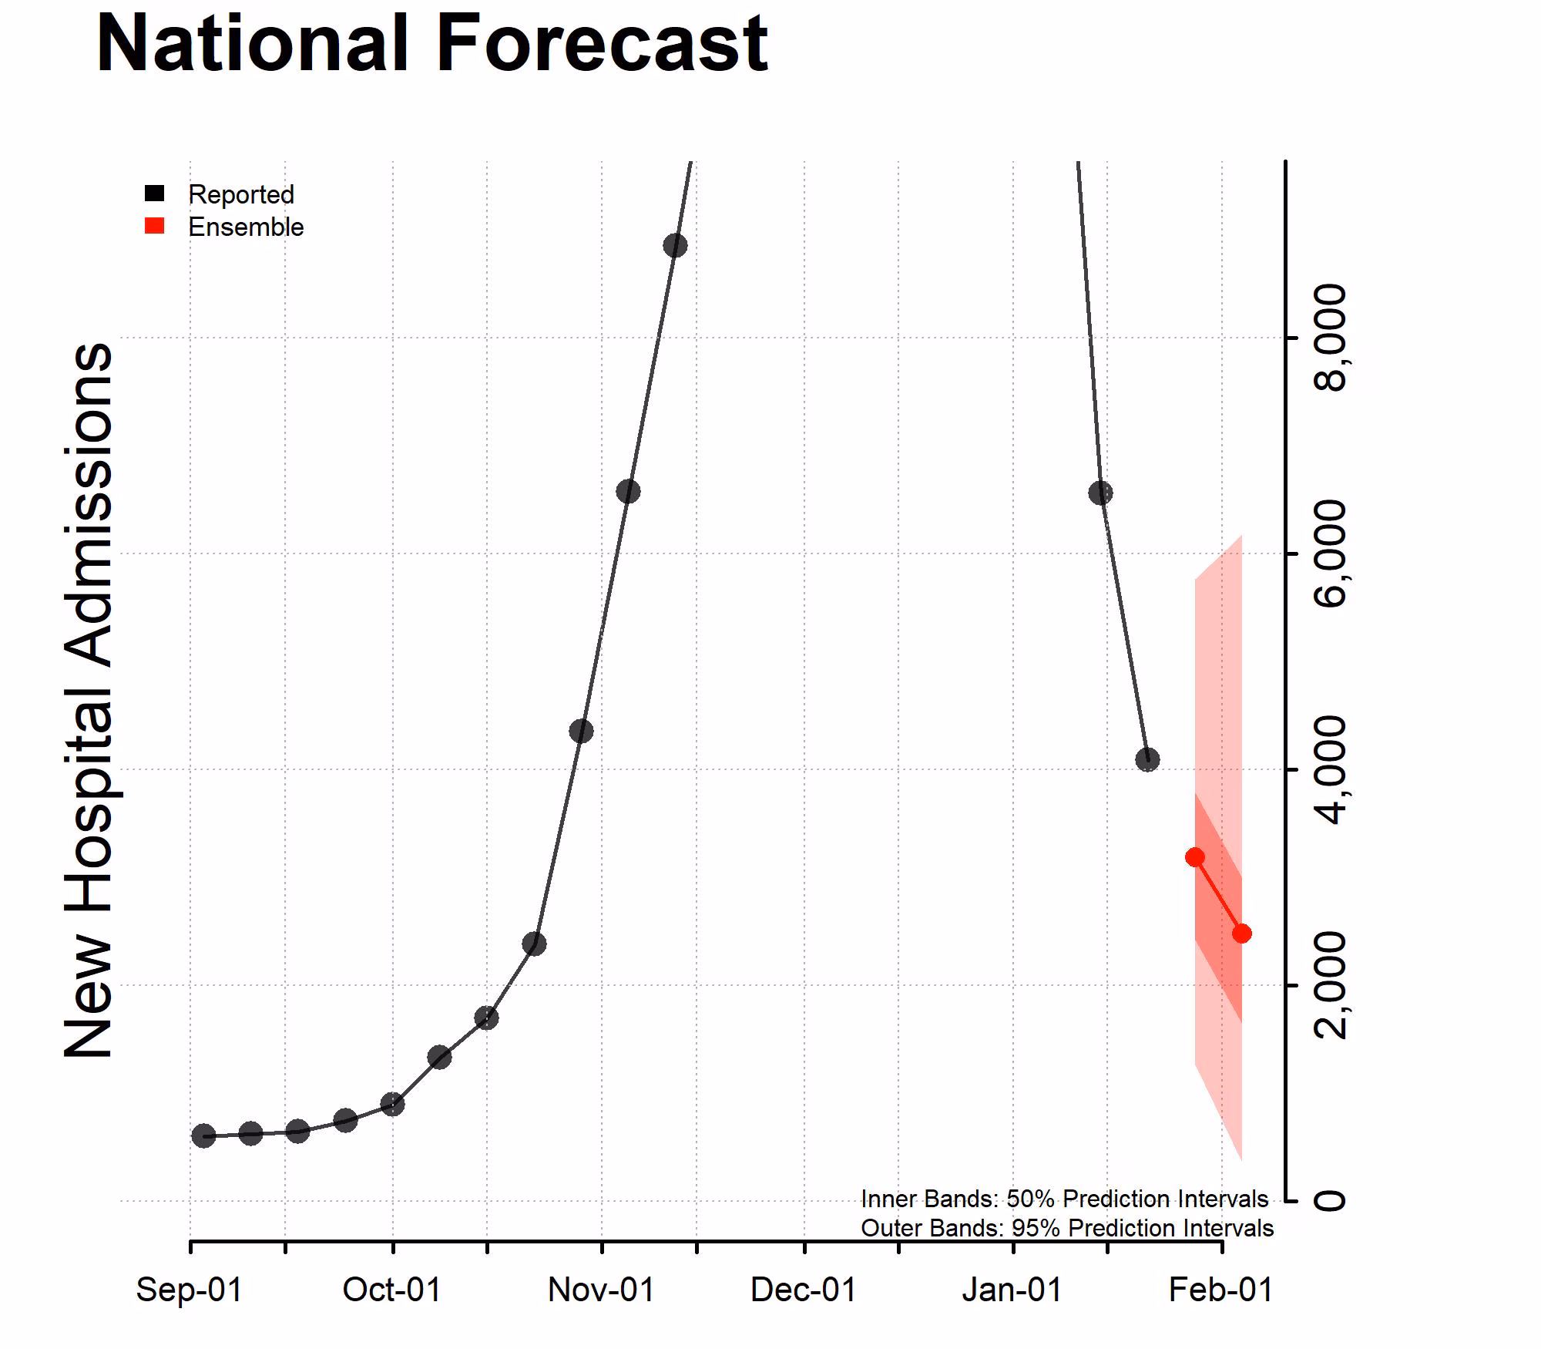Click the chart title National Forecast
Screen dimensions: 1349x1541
(x=431, y=44)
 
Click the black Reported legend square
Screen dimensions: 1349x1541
(x=155, y=193)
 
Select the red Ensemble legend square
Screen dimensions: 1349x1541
(x=155, y=226)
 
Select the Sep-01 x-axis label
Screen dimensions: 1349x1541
(x=190, y=1290)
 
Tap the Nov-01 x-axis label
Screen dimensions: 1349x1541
(x=601, y=1290)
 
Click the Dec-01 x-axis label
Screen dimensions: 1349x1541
(x=804, y=1290)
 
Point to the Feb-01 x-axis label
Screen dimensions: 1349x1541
(x=1221, y=1290)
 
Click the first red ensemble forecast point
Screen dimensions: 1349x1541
(x=1195, y=857)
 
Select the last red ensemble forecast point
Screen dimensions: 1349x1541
(x=1242, y=934)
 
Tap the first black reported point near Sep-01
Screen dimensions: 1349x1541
(x=203, y=1135)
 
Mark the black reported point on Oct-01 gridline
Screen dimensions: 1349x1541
(x=393, y=1105)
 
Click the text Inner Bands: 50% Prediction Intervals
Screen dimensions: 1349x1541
(x=1064, y=1199)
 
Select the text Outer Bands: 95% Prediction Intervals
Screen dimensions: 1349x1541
(x=1066, y=1228)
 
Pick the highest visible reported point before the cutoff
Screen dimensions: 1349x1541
(x=675, y=246)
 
